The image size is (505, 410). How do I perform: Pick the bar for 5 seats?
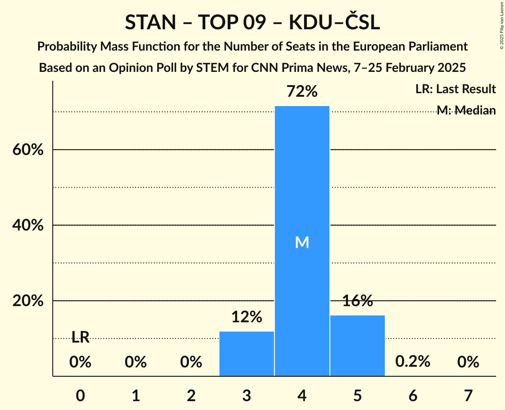357,346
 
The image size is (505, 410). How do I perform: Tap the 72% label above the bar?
302,92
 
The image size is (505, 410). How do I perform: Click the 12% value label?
247,317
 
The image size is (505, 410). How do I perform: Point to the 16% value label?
357,301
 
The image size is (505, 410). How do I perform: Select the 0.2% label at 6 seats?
413,362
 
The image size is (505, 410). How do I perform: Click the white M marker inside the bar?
302,242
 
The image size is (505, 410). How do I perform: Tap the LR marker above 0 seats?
80,338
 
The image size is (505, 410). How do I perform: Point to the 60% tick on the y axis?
27,150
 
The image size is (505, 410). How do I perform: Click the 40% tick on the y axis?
27,225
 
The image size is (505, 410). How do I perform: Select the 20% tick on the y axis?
27,301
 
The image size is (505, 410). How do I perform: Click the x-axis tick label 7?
468,395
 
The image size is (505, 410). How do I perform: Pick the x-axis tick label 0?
80,395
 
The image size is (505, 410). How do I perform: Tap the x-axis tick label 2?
191,395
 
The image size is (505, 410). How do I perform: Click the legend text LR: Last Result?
455,89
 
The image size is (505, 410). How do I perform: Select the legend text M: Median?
466,110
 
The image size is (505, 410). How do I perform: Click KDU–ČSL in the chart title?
334,23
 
